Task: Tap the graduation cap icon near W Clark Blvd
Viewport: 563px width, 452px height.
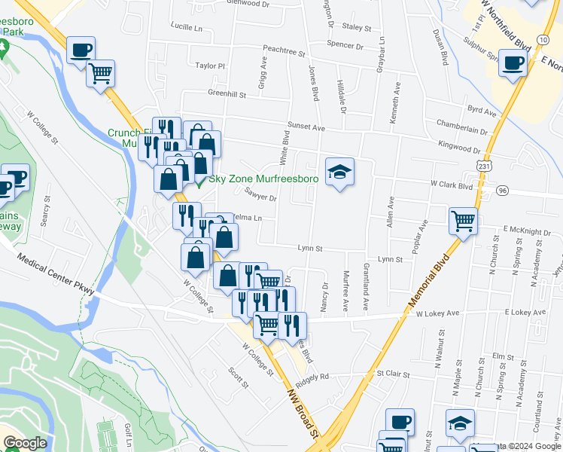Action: tap(339, 173)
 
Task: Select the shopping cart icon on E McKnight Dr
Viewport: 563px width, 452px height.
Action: tap(464, 221)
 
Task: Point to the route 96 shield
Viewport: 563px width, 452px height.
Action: tap(502, 191)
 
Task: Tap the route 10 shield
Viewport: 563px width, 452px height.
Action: tap(543, 38)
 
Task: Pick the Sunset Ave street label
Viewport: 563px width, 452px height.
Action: tap(305, 128)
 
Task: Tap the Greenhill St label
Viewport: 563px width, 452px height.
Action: tap(227, 94)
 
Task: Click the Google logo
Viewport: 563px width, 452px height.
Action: tap(25, 443)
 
